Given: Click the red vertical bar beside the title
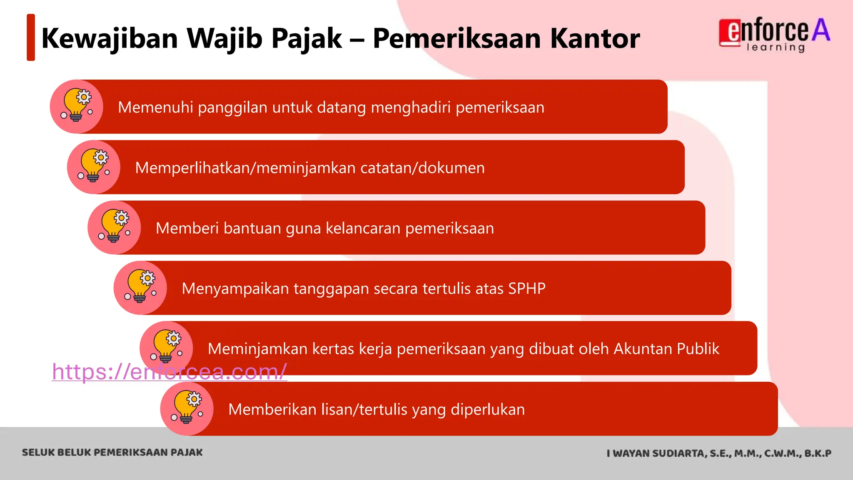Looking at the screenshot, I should tap(31, 37).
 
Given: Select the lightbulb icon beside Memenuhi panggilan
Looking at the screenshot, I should tap(77, 107).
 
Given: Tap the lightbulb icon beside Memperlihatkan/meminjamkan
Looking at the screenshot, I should tap(94, 167).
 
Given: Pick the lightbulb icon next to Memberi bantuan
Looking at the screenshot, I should tap(114, 227).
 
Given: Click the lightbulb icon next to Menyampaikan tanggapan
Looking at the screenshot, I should tap(140, 288).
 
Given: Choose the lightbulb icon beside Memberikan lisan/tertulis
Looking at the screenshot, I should tap(187, 409).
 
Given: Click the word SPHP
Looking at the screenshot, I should tap(526, 288).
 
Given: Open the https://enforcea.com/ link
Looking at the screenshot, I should tap(169, 372).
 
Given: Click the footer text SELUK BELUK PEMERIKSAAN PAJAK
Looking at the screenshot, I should tap(112, 452).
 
